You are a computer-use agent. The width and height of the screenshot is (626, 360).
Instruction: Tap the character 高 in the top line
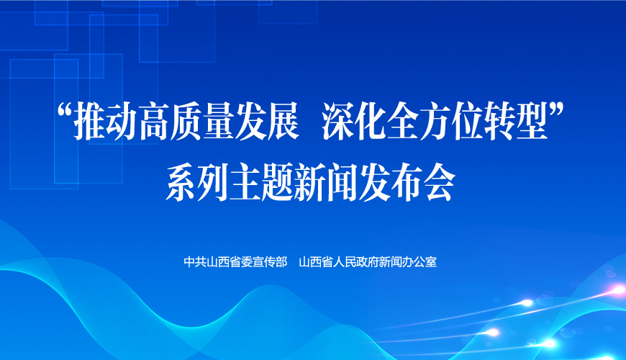point(155,121)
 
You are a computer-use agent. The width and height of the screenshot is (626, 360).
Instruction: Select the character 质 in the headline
point(187,121)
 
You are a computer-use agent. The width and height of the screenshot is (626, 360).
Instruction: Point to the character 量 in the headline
point(219,121)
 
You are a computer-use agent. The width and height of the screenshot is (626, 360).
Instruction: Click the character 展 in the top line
point(283,121)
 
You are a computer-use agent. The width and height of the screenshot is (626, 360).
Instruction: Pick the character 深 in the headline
point(337,121)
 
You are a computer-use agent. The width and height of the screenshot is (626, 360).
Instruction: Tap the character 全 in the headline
point(402,121)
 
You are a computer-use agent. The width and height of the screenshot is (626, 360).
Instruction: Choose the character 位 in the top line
point(467,121)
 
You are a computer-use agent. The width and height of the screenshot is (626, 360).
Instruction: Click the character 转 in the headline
point(499,121)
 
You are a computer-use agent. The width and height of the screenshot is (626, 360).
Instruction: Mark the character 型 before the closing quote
point(532,121)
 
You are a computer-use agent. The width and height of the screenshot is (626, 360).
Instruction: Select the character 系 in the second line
point(181,183)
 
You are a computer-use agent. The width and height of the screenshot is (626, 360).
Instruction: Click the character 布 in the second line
point(407,183)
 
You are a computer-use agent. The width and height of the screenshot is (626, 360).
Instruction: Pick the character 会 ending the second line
point(440,183)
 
